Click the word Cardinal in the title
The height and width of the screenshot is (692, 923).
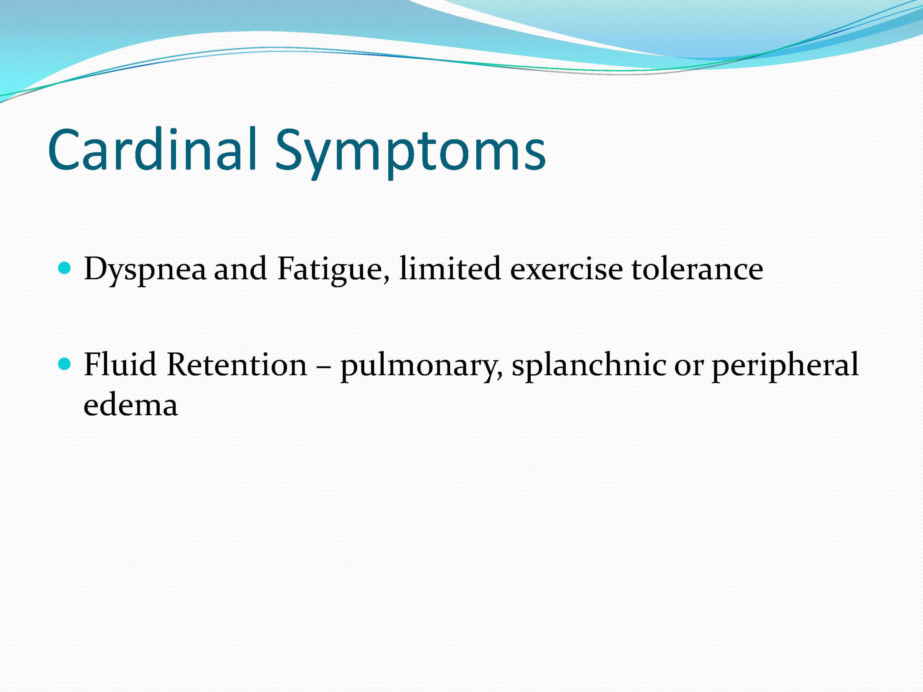[x=152, y=149]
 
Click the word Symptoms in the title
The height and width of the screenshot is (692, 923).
[x=410, y=153]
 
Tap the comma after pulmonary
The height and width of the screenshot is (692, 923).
[x=499, y=374]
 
